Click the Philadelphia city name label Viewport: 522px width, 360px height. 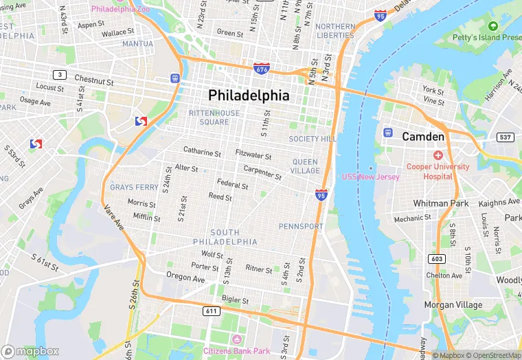[249, 95]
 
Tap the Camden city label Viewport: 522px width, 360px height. [423, 137]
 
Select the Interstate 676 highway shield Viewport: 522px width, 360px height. [261, 69]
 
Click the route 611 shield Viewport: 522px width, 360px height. [212, 311]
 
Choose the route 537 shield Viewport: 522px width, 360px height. [506, 137]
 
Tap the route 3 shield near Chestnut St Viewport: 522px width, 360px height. [60, 74]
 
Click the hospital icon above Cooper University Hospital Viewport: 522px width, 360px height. [438, 155]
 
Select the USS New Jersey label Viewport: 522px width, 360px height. [371, 177]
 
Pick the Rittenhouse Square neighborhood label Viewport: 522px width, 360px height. [214, 117]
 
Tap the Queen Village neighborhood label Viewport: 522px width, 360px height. [304, 166]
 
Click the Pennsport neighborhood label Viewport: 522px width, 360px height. [300, 226]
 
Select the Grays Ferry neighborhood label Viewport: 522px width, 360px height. [134, 187]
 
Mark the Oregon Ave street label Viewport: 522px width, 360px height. [185, 279]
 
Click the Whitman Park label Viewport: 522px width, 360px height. [440, 203]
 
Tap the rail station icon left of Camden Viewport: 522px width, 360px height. [387, 132]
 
